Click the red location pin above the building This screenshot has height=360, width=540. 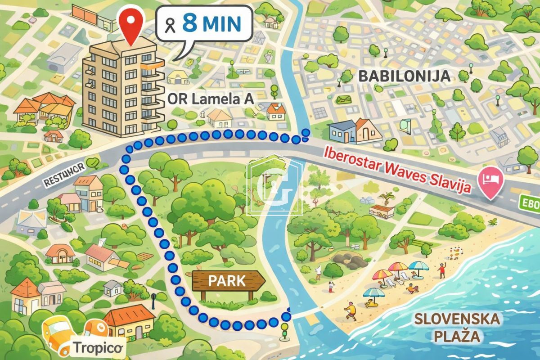pos(130,25)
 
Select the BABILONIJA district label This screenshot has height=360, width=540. pos(404,76)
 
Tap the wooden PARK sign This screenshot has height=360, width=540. pos(228,282)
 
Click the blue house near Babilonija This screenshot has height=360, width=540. pos(341,130)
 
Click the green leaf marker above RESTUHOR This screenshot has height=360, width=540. pos(93,161)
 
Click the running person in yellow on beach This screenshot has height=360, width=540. pos(351,310)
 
